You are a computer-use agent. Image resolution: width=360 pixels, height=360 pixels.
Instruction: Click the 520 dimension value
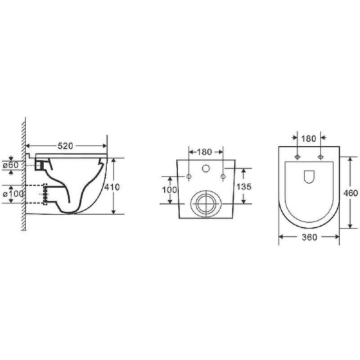65,146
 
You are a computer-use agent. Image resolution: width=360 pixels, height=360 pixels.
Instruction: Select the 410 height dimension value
112,187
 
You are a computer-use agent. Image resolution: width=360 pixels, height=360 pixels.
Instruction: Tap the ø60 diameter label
10,165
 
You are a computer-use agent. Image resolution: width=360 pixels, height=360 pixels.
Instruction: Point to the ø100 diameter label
13,194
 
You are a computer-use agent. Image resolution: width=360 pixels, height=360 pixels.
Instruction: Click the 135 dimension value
244,187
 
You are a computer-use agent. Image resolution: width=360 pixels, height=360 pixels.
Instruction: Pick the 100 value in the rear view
170,190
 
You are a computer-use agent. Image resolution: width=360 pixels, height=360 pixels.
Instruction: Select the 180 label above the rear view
204,152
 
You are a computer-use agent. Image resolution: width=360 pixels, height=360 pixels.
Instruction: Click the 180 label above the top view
309,139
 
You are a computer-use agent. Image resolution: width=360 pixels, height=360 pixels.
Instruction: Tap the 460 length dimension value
351,193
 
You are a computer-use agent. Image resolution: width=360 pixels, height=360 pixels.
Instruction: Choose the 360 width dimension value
310,237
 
